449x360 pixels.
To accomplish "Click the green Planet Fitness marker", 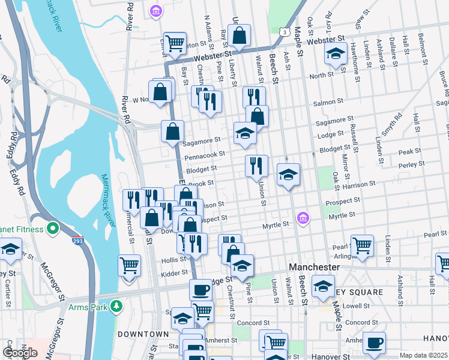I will point(52,229).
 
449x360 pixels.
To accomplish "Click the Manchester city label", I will point(315,266).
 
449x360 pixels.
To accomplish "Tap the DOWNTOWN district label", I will point(143,334).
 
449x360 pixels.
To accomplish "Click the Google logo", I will point(20,352).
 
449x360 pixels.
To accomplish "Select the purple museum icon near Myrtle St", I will point(303,217).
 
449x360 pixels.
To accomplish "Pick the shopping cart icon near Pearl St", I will point(362,245).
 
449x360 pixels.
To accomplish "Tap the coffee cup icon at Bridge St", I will point(201,290).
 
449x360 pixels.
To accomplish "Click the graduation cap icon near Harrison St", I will point(288,175).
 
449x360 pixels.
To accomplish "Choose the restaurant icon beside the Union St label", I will point(256,164).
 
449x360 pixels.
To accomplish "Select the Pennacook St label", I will point(205,155).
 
